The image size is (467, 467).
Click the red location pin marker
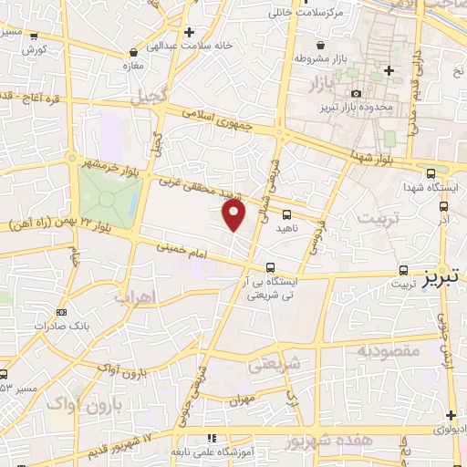click(234, 215)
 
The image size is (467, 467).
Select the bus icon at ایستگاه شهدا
click(431, 172)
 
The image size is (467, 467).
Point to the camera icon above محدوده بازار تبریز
click(355, 93)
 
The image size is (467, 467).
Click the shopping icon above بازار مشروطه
click(319, 45)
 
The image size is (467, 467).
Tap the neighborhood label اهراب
click(136, 296)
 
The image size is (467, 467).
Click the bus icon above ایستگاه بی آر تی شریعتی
click(270, 267)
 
